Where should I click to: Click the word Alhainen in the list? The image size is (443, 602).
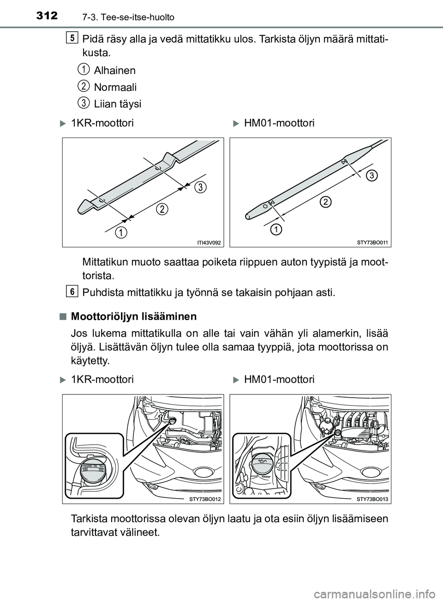click(x=114, y=71)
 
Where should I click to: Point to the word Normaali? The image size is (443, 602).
click(x=115, y=87)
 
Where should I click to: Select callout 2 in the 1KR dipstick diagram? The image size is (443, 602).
click(x=162, y=209)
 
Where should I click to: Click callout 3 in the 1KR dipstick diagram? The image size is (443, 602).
click(x=200, y=187)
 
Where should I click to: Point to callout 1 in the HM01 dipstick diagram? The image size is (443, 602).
click(x=276, y=229)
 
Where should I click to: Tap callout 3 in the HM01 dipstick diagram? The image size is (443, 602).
click(x=372, y=175)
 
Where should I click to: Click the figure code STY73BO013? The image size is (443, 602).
click(x=373, y=499)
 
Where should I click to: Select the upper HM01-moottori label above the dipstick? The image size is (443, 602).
click(x=279, y=123)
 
